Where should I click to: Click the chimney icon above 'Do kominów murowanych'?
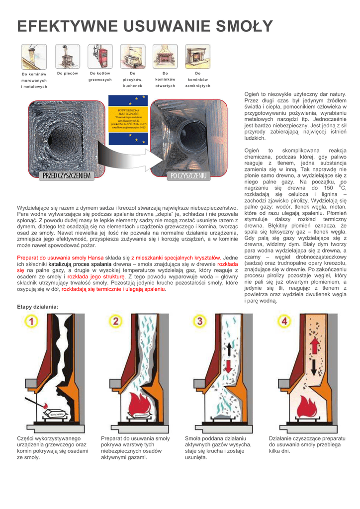pos(34,57)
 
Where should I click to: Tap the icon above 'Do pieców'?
pos(67,56)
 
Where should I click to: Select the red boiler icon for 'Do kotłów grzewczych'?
pos(100,56)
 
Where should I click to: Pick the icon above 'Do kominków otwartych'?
pos(165,56)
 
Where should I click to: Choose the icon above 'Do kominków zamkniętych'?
pos(197,56)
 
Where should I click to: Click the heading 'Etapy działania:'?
pos(38,307)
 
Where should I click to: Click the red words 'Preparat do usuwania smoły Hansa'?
pos(60,257)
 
